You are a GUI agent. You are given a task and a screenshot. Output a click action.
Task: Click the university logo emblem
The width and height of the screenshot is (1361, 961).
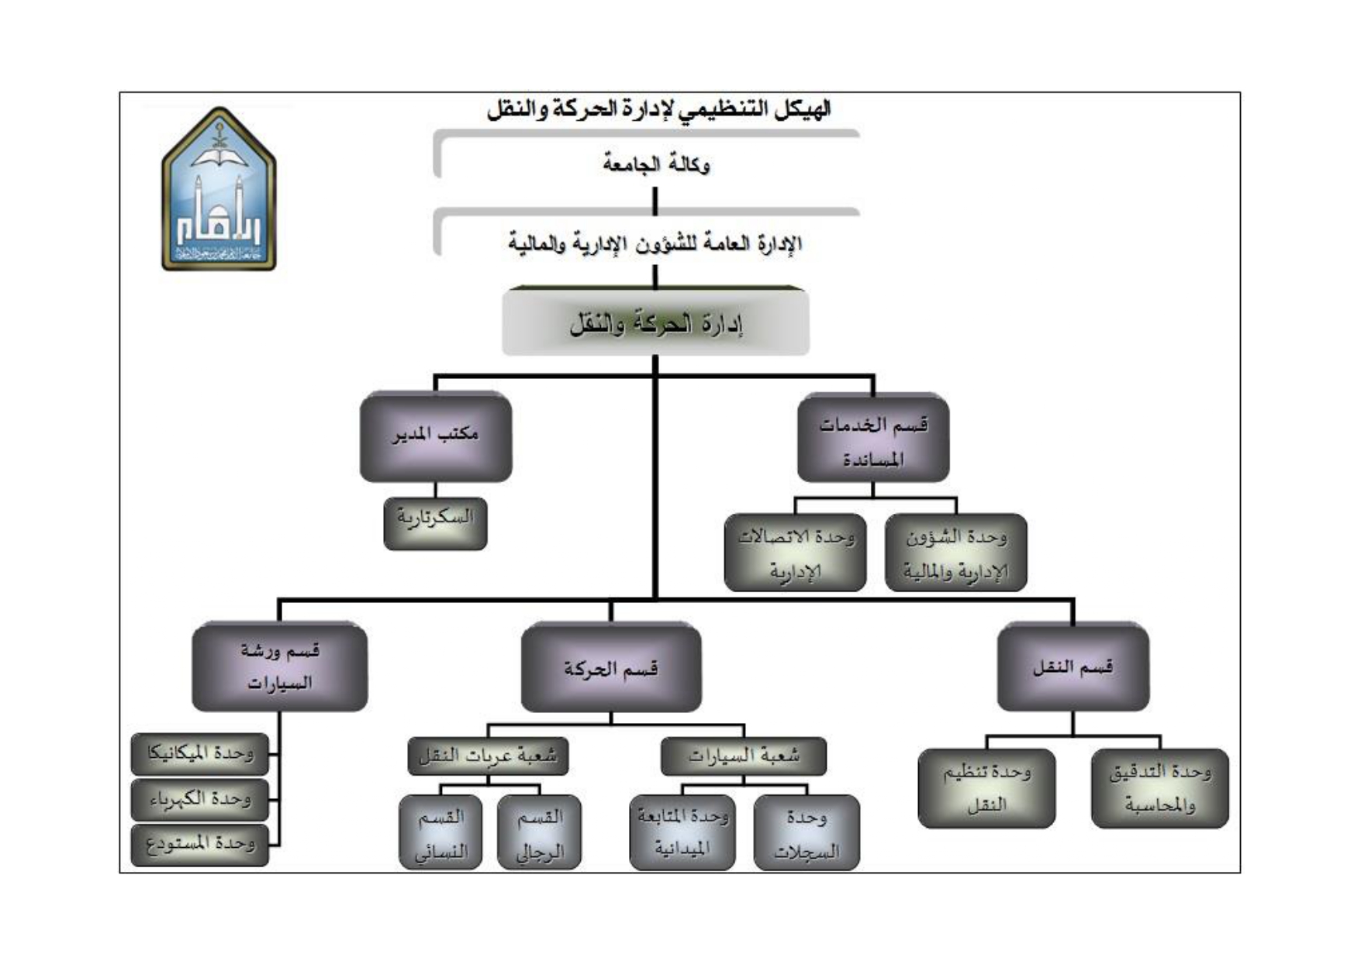pyautogui.click(x=219, y=190)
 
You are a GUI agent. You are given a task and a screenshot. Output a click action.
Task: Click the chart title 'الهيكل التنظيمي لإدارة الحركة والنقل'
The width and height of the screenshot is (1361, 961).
pyautogui.click(x=658, y=110)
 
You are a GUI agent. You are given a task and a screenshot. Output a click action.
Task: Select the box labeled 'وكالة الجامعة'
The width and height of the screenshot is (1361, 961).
pyautogui.click(x=655, y=164)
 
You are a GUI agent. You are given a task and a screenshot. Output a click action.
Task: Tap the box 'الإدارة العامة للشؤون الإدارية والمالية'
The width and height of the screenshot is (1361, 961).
pyautogui.click(x=655, y=243)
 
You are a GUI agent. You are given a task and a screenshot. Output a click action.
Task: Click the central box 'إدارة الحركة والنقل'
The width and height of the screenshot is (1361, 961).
pyautogui.click(x=655, y=323)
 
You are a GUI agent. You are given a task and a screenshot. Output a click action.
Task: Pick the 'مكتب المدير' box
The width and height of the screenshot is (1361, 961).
pyautogui.click(x=435, y=436)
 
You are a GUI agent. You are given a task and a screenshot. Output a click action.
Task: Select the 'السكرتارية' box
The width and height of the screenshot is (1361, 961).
pyautogui.click(x=435, y=523)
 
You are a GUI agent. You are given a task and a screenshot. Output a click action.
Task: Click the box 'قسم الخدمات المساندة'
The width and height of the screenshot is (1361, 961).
pyautogui.click(x=873, y=439)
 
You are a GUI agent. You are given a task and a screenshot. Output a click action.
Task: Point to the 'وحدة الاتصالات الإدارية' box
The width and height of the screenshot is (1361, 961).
pyautogui.click(x=795, y=553)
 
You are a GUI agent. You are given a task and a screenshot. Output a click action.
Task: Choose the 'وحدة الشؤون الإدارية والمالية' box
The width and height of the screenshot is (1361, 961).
pyautogui.click(x=955, y=553)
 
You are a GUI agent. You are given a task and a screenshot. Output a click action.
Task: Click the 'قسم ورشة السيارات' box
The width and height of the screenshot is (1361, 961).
pyautogui.click(x=279, y=666)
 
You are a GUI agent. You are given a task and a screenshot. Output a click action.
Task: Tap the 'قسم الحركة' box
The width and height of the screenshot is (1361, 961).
pyautogui.click(x=611, y=668)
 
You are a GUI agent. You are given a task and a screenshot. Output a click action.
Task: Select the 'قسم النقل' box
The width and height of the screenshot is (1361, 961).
pyautogui.click(x=1073, y=666)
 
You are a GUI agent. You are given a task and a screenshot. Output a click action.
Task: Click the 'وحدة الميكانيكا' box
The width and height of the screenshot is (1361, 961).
pyautogui.click(x=200, y=754)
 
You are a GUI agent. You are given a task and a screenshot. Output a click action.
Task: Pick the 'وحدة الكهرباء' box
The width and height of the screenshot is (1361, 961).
pyautogui.click(x=200, y=799)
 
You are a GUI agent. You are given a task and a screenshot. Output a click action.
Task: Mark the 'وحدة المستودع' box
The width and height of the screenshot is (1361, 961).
pyautogui.click(x=200, y=844)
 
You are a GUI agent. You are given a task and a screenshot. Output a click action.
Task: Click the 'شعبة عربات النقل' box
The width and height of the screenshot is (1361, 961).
pyautogui.click(x=488, y=756)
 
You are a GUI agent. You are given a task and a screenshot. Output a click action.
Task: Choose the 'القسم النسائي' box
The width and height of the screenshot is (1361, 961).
pyautogui.click(x=440, y=833)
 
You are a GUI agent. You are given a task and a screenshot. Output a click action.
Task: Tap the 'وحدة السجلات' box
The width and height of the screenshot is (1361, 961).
pyautogui.click(x=807, y=833)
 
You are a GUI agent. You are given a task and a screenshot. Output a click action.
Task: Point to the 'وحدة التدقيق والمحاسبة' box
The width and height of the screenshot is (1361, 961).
pyautogui.click(x=1159, y=788)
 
